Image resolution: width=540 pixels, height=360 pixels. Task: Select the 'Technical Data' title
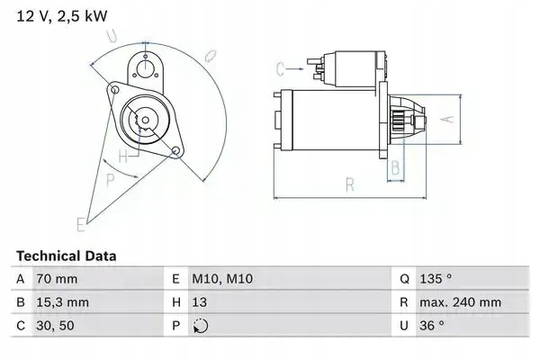click(x=65, y=256)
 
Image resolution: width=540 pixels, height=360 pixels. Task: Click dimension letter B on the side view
click(x=394, y=167)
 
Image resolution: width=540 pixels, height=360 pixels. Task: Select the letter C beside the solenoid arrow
click(x=280, y=67)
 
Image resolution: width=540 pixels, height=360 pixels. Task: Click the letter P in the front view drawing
click(x=111, y=180)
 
